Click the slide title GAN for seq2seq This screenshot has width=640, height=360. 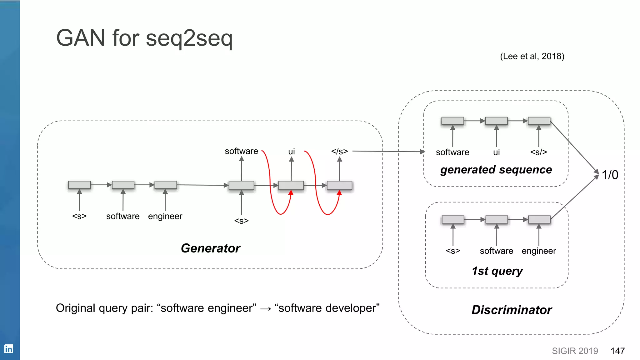tap(144, 38)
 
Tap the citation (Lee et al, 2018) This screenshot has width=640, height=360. tap(532, 56)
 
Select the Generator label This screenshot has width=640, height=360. tap(210, 248)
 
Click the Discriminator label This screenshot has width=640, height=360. tap(512, 310)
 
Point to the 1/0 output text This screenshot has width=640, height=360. tap(610, 175)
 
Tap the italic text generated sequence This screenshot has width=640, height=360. tap(496, 170)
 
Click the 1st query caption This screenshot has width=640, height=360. tap(497, 271)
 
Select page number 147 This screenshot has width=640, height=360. tap(617, 351)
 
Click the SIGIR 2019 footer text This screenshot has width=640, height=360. tap(575, 351)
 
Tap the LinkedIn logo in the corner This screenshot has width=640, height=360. tap(8, 348)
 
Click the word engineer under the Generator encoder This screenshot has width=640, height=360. tap(165, 216)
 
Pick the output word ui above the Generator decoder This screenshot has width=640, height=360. tap(291, 152)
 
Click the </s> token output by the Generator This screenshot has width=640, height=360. tap(339, 152)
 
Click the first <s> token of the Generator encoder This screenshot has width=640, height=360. tap(79, 216)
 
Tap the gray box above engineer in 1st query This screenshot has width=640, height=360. tap(539, 220)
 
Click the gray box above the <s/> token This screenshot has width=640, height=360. tap(539, 121)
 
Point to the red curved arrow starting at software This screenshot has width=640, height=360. tap(271, 187)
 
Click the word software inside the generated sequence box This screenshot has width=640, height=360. tap(452, 152)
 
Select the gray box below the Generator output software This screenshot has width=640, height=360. tap(241, 185)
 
